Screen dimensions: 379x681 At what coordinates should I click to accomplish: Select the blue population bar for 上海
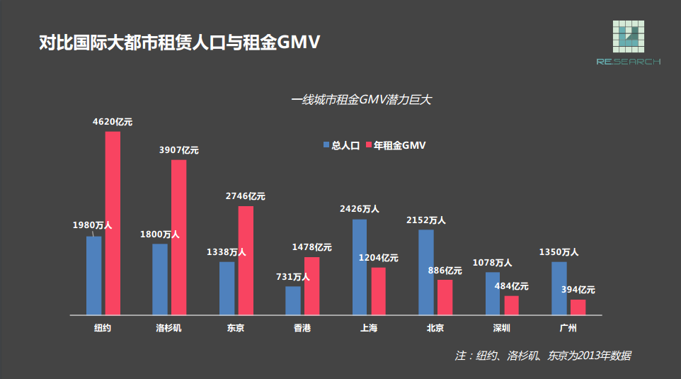[360, 266]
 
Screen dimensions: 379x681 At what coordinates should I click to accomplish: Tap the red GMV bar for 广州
[578, 307]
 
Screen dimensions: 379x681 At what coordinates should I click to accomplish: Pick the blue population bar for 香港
[293, 300]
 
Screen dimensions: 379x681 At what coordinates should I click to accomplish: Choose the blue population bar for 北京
[425, 272]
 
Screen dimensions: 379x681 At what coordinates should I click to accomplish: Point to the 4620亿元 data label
[113, 122]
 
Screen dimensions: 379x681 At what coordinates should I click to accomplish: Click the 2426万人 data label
[360, 209]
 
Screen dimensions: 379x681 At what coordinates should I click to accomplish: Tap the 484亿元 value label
[512, 286]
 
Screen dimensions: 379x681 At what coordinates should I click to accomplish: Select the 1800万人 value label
[160, 234]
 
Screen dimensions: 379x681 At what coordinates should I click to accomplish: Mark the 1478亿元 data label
[312, 247]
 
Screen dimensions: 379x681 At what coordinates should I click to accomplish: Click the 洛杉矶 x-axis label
[169, 328]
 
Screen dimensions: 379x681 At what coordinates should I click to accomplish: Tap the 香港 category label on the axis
[302, 328]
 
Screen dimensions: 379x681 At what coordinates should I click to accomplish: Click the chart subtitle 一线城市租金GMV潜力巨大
[362, 100]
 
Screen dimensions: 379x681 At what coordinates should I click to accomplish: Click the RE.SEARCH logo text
[628, 62]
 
